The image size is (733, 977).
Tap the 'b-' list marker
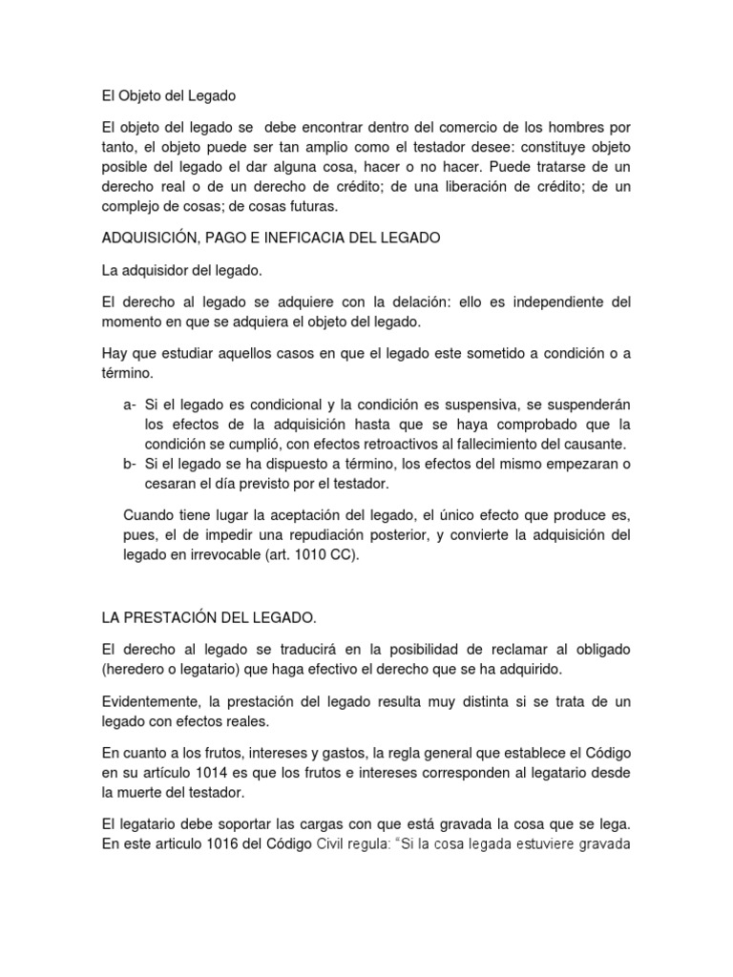pos(131,464)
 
